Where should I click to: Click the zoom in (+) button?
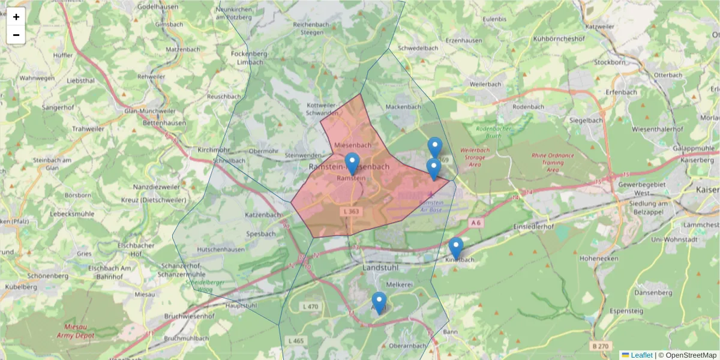[x=16, y=17]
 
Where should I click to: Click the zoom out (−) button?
[x=16, y=35]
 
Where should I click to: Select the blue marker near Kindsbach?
[x=456, y=248]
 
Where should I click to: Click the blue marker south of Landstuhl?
[x=379, y=302]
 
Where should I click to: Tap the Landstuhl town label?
[x=380, y=268]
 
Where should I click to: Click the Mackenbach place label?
[x=403, y=107]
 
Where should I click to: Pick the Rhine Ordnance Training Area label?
[x=552, y=163]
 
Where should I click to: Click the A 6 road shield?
[x=476, y=223]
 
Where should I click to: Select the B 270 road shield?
[x=600, y=346]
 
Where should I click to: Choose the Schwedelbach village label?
[x=418, y=47]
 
